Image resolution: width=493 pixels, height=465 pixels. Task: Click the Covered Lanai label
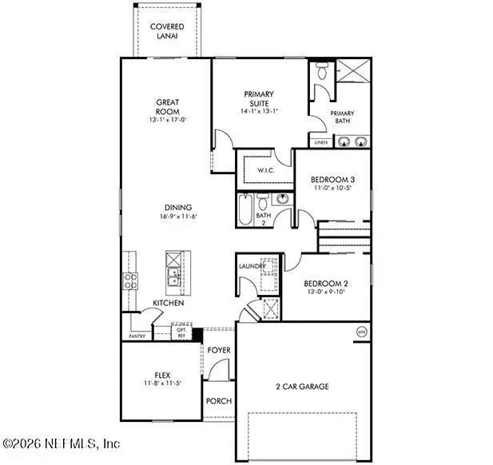tap(167, 31)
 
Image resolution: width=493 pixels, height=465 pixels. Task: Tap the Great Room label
tap(167, 106)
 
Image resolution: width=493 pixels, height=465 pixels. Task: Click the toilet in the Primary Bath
tap(322, 72)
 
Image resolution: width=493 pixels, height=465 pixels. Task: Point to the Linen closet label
tap(321, 142)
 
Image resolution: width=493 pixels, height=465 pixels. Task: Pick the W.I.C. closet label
tap(267, 171)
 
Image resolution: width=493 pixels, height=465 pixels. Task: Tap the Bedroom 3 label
tap(332, 180)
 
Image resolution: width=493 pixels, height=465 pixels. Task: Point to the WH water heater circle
tap(360, 332)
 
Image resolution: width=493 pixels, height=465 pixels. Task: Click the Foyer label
tap(219, 350)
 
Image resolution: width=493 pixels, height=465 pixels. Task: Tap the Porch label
tap(219, 402)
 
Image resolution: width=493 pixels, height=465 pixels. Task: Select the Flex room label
tap(163, 374)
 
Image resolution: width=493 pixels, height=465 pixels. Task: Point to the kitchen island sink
tap(173, 277)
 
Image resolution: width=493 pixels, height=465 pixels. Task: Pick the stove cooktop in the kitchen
tap(128, 280)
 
